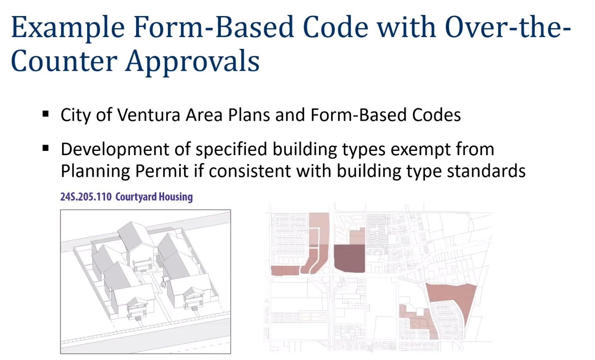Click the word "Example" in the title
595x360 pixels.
coord(68,28)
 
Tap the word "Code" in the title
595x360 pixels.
coord(335,28)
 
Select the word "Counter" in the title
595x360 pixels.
coord(64,61)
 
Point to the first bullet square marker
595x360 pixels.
coord(46,114)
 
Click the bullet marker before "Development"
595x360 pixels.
coord(46,149)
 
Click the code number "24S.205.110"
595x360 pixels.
coord(86,197)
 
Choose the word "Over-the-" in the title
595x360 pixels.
coord(508,28)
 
